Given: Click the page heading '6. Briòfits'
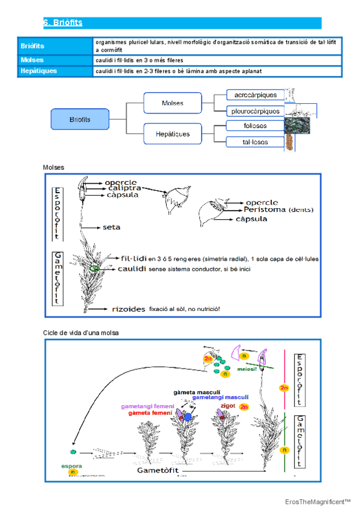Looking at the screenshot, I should tap(62, 23).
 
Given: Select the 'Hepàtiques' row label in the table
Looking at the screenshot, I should tap(39, 71).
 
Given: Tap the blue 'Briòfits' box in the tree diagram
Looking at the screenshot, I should tap(80, 119).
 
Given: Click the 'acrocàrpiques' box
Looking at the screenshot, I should tap(256, 95).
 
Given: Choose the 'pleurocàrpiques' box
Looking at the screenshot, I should tap(256, 111).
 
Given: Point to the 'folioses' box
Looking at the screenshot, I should tap(256, 126).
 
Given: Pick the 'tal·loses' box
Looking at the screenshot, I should tap(256, 142).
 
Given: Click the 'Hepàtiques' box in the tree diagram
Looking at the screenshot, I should tap(173, 133).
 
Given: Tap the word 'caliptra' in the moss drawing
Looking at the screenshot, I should tap(124, 188).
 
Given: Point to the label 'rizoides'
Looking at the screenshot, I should tap(128, 309).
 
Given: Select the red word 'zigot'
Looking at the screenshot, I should tap(229, 406).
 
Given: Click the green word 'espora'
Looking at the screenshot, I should tap(71, 465).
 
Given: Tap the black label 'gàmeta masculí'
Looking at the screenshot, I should tap(196, 391).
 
